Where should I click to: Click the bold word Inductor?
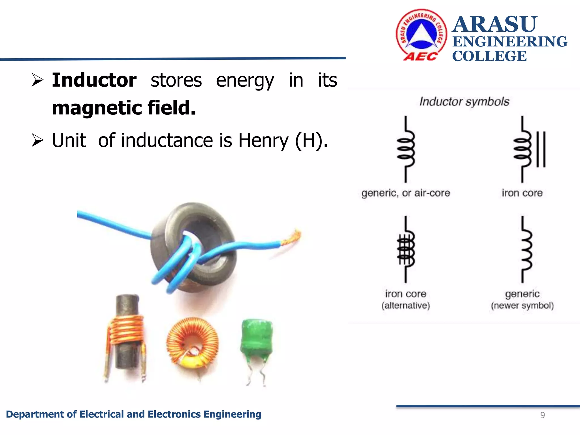(94, 80)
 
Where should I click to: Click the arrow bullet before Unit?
(37, 140)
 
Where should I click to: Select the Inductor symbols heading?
(464, 101)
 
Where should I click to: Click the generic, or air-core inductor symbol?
(406, 149)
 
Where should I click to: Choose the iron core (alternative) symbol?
(406, 250)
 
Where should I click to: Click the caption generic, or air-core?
(406, 193)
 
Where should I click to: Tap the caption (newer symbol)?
(522, 306)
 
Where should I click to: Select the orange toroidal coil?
(193, 342)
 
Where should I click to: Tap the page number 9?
(542, 415)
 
